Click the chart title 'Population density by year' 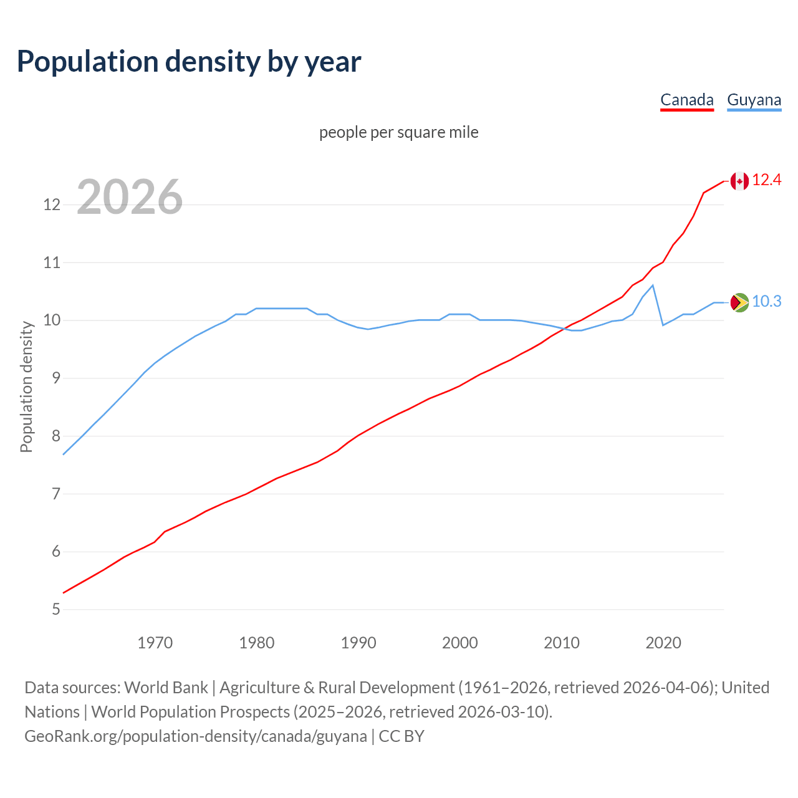(x=189, y=61)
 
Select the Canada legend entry (x=686, y=100)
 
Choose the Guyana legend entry (x=754, y=100)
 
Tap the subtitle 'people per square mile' (x=398, y=132)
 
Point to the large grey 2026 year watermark (x=130, y=197)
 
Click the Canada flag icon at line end (x=739, y=181)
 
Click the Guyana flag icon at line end (x=739, y=302)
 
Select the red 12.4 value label (x=766, y=180)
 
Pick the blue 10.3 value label (x=766, y=302)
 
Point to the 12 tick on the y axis (x=52, y=204)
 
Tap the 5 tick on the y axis (x=56, y=609)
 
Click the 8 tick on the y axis (x=56, y=436)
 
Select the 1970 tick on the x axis (x=155, y=643)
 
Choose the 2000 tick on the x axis (x=459, y=643)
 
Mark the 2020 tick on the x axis (x=663, y=643)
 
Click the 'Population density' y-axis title (x=26, y=387)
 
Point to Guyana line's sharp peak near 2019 (x=652, y=286)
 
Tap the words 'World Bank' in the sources (x=166, y=688)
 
